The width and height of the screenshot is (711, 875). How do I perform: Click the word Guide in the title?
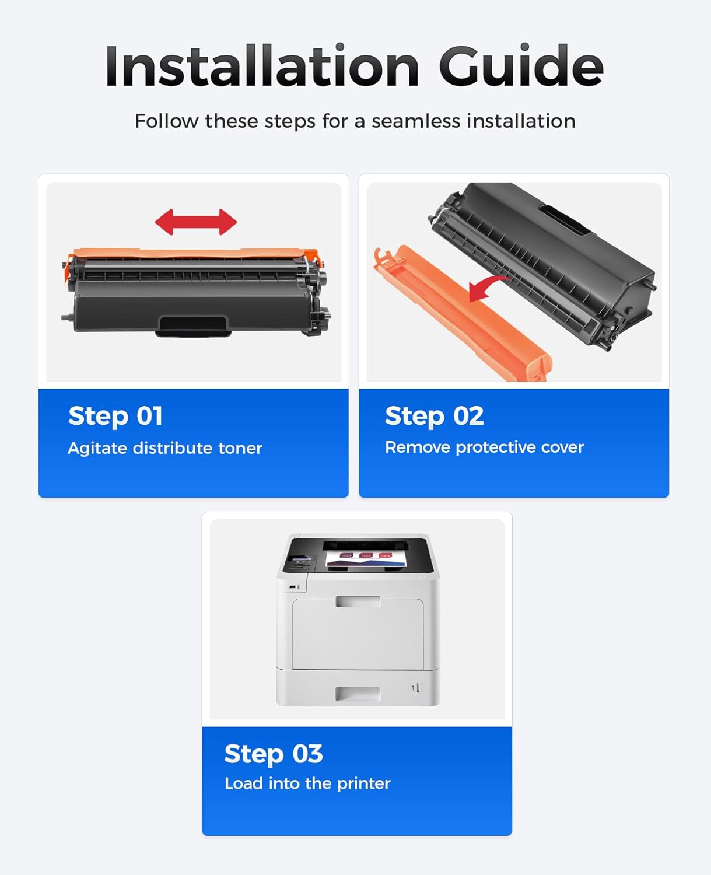(520, 66)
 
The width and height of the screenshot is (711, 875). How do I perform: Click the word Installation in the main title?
(262, 66)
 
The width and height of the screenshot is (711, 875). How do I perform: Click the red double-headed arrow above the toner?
(196, 222)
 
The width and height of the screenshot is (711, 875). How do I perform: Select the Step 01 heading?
(115, 416)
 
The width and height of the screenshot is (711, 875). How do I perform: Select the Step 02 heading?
(434, 416)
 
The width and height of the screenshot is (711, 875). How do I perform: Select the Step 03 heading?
(273, 754)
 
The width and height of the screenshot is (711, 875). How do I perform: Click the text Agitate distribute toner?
(165, 448)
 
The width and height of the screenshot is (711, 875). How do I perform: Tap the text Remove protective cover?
(484, 447)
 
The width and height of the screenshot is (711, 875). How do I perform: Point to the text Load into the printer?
(307, 783)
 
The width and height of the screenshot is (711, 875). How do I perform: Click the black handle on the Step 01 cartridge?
(193, 325)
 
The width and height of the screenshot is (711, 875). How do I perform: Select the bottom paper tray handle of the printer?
(358, 694)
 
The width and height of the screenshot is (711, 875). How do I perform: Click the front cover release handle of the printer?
(358, 601)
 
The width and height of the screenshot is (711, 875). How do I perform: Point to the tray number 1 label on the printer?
(415, 688)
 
